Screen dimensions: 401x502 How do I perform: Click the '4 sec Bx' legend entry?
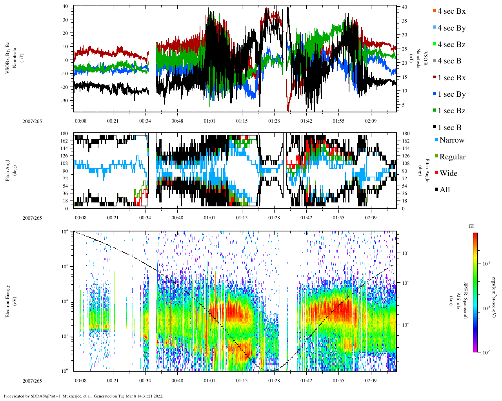tap(451, 11)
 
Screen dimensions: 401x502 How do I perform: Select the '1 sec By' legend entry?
tap(451, 94)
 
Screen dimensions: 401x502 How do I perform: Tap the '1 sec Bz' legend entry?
tap(451, 111)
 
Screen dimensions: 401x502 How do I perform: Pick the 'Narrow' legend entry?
tap(451, 140)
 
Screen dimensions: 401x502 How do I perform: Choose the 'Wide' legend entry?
tap(448, 173)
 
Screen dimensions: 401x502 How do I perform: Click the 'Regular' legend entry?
tap(452, 157)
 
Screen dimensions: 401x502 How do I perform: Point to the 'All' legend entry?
tap(444, 190)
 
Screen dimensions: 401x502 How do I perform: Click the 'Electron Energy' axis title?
tap(8, 301)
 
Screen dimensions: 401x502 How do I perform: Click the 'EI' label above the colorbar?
tap(471, 226)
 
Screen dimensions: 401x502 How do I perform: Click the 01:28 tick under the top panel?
tap(274, 121)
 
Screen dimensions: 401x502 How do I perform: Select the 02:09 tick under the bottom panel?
tap(371, 381)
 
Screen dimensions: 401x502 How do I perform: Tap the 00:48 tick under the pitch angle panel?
tap(177, 218)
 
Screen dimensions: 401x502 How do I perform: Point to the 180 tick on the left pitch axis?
tap(64, 134)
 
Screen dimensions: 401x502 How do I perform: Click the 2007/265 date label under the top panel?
tap(32, 121)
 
